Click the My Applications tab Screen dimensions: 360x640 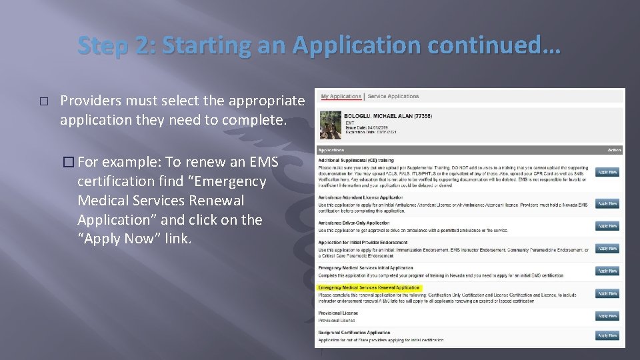340,97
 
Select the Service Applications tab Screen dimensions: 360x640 393,97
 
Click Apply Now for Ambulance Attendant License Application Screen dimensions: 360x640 607,203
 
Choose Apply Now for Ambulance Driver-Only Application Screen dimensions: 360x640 607,226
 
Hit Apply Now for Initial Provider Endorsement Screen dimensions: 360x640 607,249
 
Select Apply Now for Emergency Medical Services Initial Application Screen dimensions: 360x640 607,271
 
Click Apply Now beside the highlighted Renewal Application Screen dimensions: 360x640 607,293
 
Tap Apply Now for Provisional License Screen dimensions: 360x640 607,316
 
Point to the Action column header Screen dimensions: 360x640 614,150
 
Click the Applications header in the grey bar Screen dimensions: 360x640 331,150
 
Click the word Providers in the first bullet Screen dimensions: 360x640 87,101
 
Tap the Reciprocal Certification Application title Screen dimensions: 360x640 354,332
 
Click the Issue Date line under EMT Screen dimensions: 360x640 361,127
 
